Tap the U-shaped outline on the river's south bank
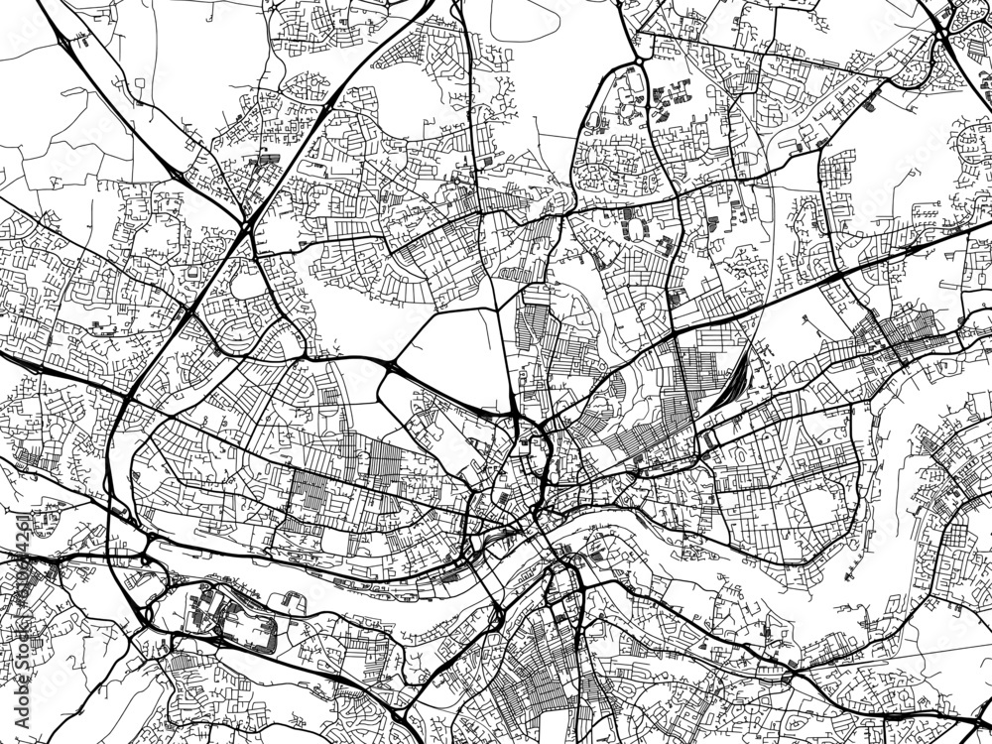pyautogui.click(x=294, y=601)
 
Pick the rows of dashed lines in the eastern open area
pyautogui.click(x=927, y=210)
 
